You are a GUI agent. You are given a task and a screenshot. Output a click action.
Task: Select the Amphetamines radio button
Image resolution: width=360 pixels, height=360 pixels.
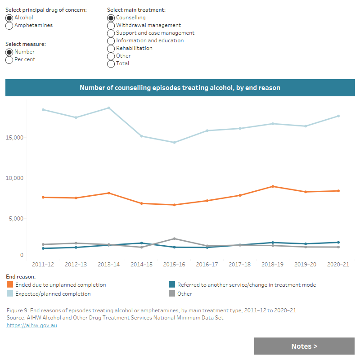point(9,26)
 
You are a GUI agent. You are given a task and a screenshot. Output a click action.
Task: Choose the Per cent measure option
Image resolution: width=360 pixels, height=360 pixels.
point(9,59)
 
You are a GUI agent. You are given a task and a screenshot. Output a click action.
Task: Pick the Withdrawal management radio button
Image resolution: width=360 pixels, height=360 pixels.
point(111,26)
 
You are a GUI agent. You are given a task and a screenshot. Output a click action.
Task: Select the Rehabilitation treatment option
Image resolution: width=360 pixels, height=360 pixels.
point(111,48)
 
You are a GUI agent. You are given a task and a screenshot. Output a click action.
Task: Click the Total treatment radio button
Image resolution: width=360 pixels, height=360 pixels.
point(111,63)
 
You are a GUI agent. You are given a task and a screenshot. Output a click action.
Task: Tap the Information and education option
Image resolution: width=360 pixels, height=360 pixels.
point(111,40)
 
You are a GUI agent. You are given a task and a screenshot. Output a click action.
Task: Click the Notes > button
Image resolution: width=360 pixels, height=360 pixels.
point(304,346)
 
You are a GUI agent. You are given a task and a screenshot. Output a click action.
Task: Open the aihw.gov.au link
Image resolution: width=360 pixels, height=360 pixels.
point(31,325)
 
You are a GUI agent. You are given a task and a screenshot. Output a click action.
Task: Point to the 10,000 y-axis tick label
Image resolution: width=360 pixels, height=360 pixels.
point(14,178)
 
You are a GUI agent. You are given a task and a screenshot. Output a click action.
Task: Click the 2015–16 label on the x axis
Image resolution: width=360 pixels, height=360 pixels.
point(174,264)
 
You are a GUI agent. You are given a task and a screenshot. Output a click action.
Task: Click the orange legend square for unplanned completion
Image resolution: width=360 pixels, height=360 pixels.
point(10,285)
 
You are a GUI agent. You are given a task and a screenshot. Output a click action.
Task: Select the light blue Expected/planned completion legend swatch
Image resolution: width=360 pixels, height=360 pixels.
point(10,294)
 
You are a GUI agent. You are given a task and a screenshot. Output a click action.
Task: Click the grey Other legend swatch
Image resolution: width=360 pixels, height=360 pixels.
point(171,294)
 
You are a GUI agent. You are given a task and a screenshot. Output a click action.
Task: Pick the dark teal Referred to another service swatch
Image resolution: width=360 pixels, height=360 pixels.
point(171,285)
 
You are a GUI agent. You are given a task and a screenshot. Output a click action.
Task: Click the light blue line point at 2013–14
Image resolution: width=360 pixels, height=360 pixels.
point(108,108)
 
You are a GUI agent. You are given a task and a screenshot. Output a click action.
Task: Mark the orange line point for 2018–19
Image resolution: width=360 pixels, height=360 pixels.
point(272,186)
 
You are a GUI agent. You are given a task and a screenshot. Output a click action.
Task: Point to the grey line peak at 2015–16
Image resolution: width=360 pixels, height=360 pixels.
point(174,238)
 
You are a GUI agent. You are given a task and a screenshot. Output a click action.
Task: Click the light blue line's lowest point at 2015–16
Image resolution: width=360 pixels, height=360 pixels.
point(174,142)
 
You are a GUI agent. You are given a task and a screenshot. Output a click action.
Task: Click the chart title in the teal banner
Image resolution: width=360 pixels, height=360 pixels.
point(180,88)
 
